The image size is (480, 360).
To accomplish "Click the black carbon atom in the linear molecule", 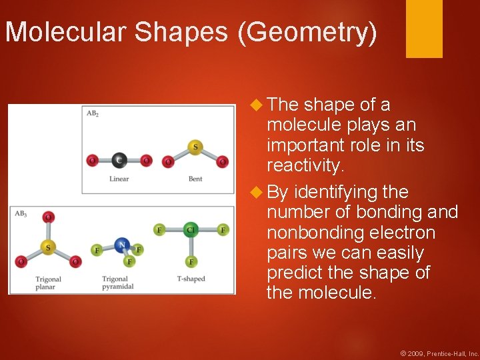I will tap(119, 160).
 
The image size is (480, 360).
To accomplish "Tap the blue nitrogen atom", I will tap(121, 245).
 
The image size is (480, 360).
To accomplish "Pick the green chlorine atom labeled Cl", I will tap(191, 230).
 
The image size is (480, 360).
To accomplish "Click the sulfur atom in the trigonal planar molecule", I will tap(47, 247).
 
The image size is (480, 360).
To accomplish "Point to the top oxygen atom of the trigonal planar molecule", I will tap(47, 217).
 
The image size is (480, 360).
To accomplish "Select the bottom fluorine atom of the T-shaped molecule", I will tap(191, 261).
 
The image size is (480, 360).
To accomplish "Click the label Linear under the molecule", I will tap(119, 179).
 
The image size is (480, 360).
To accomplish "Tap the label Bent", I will tap(195, 179).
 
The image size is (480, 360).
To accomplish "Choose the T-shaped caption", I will tap(191, 279).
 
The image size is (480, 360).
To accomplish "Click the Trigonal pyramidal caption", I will tap(118, 283).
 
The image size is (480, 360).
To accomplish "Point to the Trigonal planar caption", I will tap(48, 283).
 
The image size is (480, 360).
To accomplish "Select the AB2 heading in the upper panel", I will tap(93, 113).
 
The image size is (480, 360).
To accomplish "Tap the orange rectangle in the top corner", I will tap(424, 29).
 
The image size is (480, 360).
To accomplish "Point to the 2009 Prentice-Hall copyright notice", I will tap(439, 353).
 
